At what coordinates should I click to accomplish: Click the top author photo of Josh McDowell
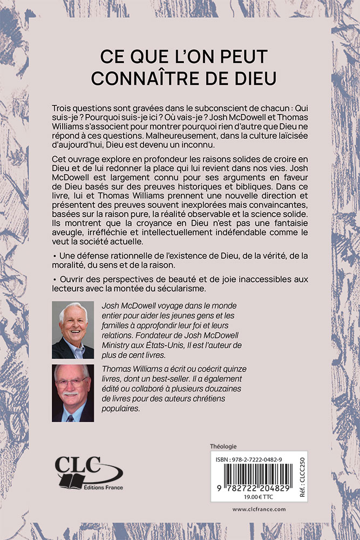(73, 330)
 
